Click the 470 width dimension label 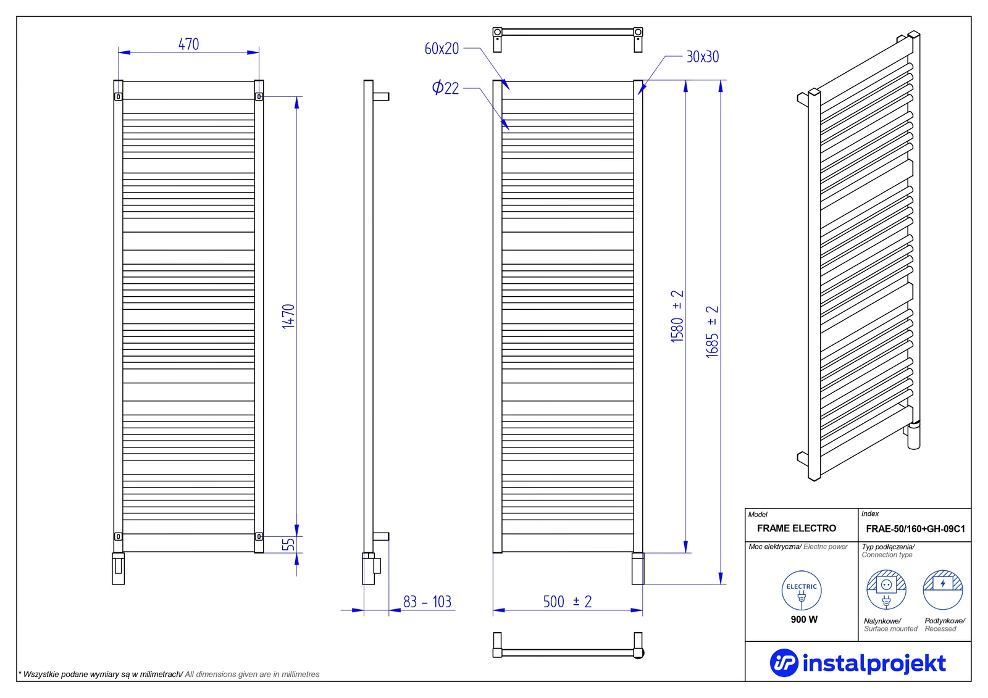[x=188, y=44]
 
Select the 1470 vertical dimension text [x=288, y=316]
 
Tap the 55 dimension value [x=288, y=545]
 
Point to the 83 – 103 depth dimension [x=427, y=602]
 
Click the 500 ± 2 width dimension [x=567, y=602]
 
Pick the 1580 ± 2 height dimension [x=677, y=316]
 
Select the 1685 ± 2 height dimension [x=713, y=331]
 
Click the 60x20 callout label [x=442, y=49]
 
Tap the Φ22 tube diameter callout [x=445, y=88]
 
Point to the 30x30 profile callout [x=703, y=57]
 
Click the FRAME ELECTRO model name [x=797, y=528]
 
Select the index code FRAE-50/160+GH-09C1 [x=915, y=529]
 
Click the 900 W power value [x=804, y=620]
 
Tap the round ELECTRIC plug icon [x=802, y=591]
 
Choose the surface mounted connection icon [x=886, y=590]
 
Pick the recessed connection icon [x=943, y=590]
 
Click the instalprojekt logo [x=858, y=663]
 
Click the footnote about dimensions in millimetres [x=169, y=675]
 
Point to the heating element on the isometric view [x=913, y=435]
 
